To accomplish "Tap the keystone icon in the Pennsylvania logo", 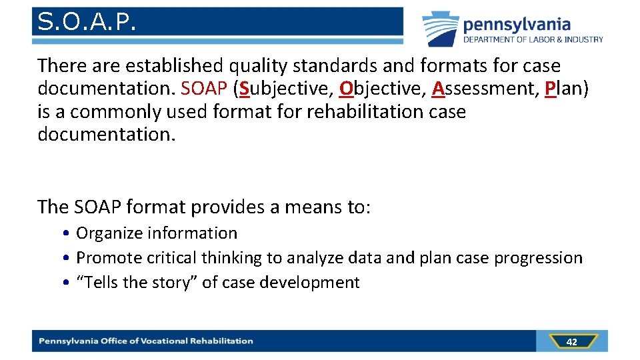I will (440, 28).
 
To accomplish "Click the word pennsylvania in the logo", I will (517, 25).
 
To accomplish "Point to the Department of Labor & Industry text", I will (533, 39).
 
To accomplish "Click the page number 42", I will (571, 342).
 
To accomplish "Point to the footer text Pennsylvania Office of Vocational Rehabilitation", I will (146, 341).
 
